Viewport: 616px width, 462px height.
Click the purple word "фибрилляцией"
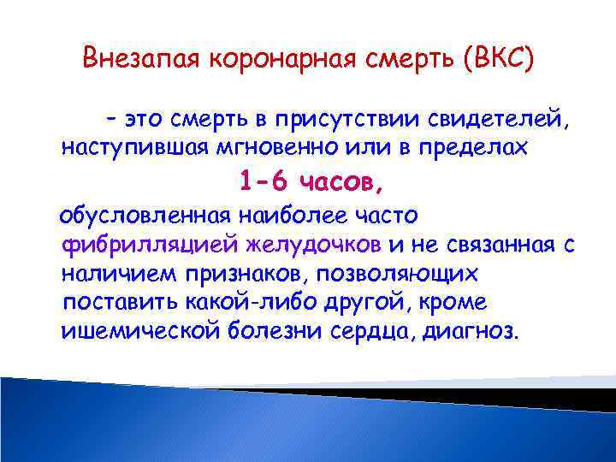pos(151,245)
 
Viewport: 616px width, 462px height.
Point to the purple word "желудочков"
pos(314,245)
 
